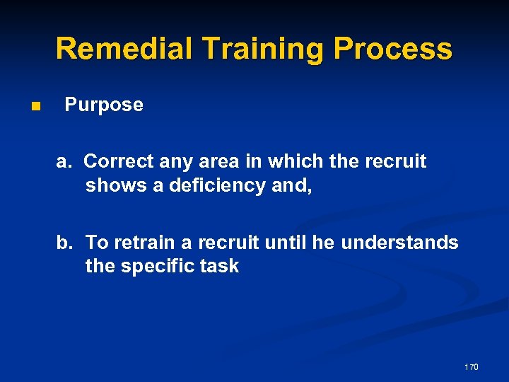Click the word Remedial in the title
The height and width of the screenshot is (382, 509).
click(x=124, y=49)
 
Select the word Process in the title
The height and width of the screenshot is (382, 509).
click(x=393, y=49)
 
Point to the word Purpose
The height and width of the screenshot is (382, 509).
click(x=104, y=105)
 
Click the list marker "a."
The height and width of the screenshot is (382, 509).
click(x=65, y=161)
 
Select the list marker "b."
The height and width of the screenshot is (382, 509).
click(x=66, y=243)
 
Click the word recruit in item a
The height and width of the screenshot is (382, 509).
click(x=396, y=161)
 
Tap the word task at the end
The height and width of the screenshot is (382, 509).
click(x=220, y=267)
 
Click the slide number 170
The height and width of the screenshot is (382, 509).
click(x=472, y=367)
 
